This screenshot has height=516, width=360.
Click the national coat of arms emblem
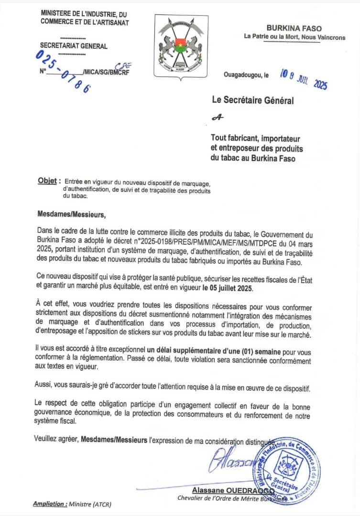181,46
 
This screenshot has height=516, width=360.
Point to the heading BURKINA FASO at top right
294,29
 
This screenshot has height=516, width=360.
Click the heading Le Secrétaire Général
253,100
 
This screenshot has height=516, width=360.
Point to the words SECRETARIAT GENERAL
74,46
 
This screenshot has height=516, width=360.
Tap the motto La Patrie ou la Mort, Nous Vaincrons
295,37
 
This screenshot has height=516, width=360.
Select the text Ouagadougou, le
246,75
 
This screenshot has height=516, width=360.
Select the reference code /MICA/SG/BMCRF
106,72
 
